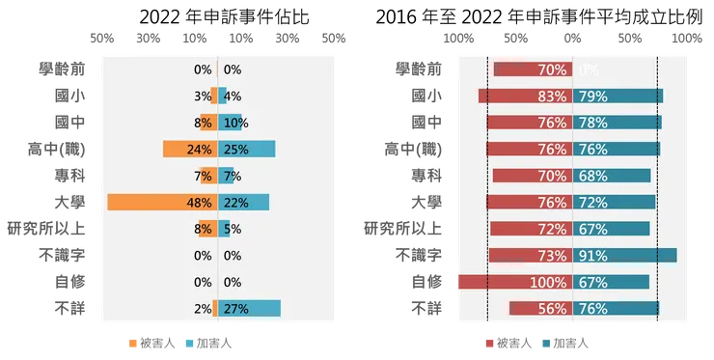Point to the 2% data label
pos(203,309)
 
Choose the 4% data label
pos(232,97)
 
